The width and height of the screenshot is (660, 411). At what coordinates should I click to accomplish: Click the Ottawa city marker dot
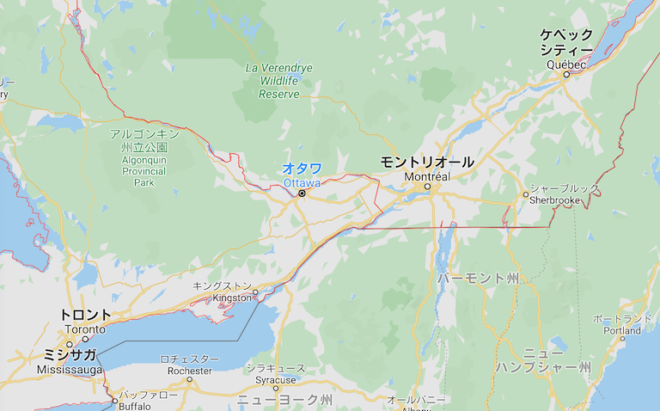pyautogui.click(x=302, y=193)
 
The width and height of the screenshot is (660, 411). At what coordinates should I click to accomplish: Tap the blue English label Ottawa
pyautogui.click(x=301, y=183)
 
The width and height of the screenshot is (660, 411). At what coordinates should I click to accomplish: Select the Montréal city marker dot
pyautogui.click(x=426, y=187)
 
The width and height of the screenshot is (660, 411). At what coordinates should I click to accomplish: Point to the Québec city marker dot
pyautogui.click(x=566, y=74)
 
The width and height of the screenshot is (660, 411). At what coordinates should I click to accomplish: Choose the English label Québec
pyautogui.click(x=565, y=64)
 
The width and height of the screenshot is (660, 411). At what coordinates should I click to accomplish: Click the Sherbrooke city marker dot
pyautogui.click(x=526, y=194)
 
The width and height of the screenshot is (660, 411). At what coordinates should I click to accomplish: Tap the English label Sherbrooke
pyautogui.click(x=553, y=199)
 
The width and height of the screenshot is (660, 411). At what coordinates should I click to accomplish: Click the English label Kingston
pyautogui.click(x=231, y=298)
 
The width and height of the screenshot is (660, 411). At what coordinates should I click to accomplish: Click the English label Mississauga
pyautogui.click(x=70, y=369)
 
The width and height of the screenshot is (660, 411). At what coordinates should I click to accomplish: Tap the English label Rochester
pyautogui.click(x=190, y=371)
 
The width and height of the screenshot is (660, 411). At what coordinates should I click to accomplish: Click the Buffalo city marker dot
pyautogui.click(x=115, y=400)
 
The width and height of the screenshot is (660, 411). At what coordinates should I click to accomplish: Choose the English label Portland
pyautogui.click(x=621, y=330)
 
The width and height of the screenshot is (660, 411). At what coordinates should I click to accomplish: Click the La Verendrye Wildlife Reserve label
pyautogui.click(x=279, y=80)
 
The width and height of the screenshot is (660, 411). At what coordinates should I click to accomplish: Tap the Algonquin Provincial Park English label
pyautogui.click(x=144, y=171)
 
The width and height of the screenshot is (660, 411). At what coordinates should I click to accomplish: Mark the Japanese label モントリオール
pyautogui.click(x=427, y=161)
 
